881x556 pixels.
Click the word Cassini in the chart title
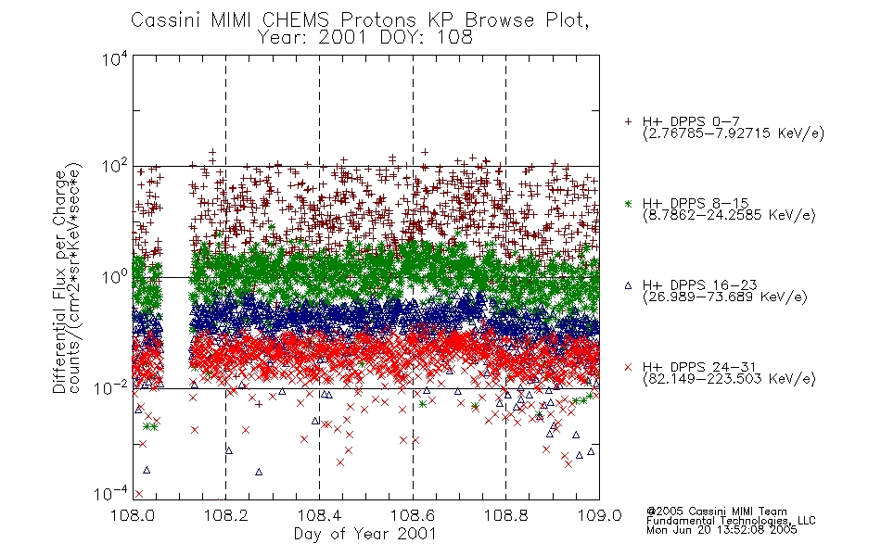click(166, 20)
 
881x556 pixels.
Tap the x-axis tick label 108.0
click(133, 515)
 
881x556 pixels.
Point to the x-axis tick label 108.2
click(226, 515)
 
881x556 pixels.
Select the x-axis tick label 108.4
click(319, 515)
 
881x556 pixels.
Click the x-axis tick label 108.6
click(413, 515)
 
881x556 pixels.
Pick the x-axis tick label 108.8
click(505, 515)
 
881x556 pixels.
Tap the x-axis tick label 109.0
click(599, 515)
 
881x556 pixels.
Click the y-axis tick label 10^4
click(114, 59)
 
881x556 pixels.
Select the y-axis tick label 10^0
click(114, 278)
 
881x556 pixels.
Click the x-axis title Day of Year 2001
click(364, 534)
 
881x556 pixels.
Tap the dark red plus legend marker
click(628, 121)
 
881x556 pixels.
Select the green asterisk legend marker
click(628, 203)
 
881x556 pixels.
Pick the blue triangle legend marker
click(628, 285)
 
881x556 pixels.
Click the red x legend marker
click(628, 367)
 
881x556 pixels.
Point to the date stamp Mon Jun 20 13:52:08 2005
click(721, 530)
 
